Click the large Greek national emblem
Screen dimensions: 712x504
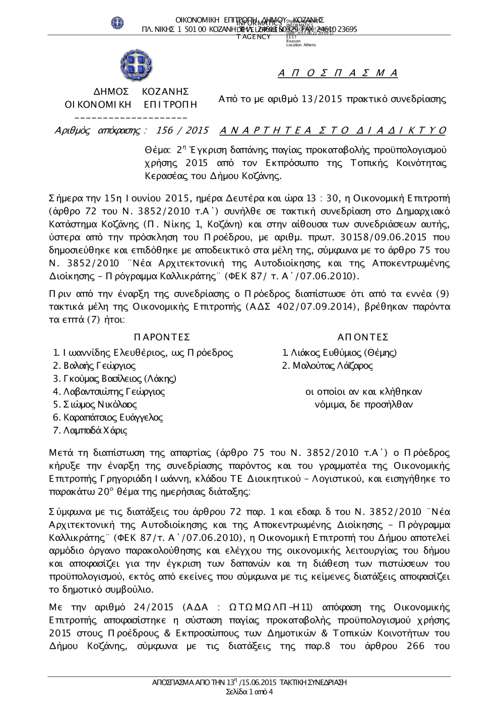point(137,66)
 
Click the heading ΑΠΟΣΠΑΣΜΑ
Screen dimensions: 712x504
point(338,73)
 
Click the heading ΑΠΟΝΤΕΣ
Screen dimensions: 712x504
point(363,337)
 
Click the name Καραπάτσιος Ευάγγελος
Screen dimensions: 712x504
point(113,418)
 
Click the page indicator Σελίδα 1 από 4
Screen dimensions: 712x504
point(250,692)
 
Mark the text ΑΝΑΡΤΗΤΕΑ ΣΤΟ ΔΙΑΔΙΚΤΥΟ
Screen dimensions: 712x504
point(333,131)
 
